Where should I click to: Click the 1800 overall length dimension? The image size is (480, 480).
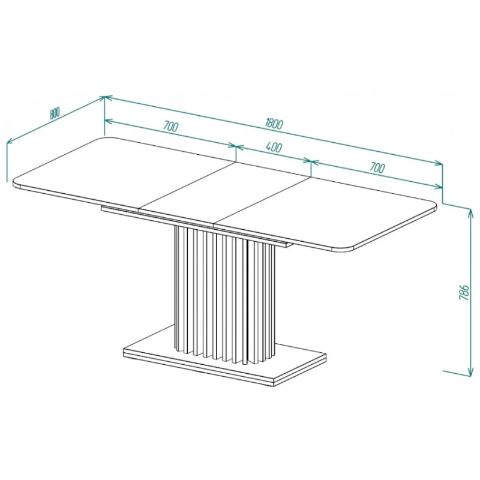pos(275,124)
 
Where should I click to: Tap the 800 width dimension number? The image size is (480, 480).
pos(54,113)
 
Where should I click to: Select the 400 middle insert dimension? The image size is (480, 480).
pos(274,148)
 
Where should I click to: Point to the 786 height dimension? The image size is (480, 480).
pos(464,292)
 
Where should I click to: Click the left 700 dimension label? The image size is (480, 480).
pos(170,126)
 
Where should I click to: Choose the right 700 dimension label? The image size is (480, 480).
pos(377,168)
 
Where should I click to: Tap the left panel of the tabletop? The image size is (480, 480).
pos(122,172)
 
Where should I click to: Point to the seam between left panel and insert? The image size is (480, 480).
pos(187,186)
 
